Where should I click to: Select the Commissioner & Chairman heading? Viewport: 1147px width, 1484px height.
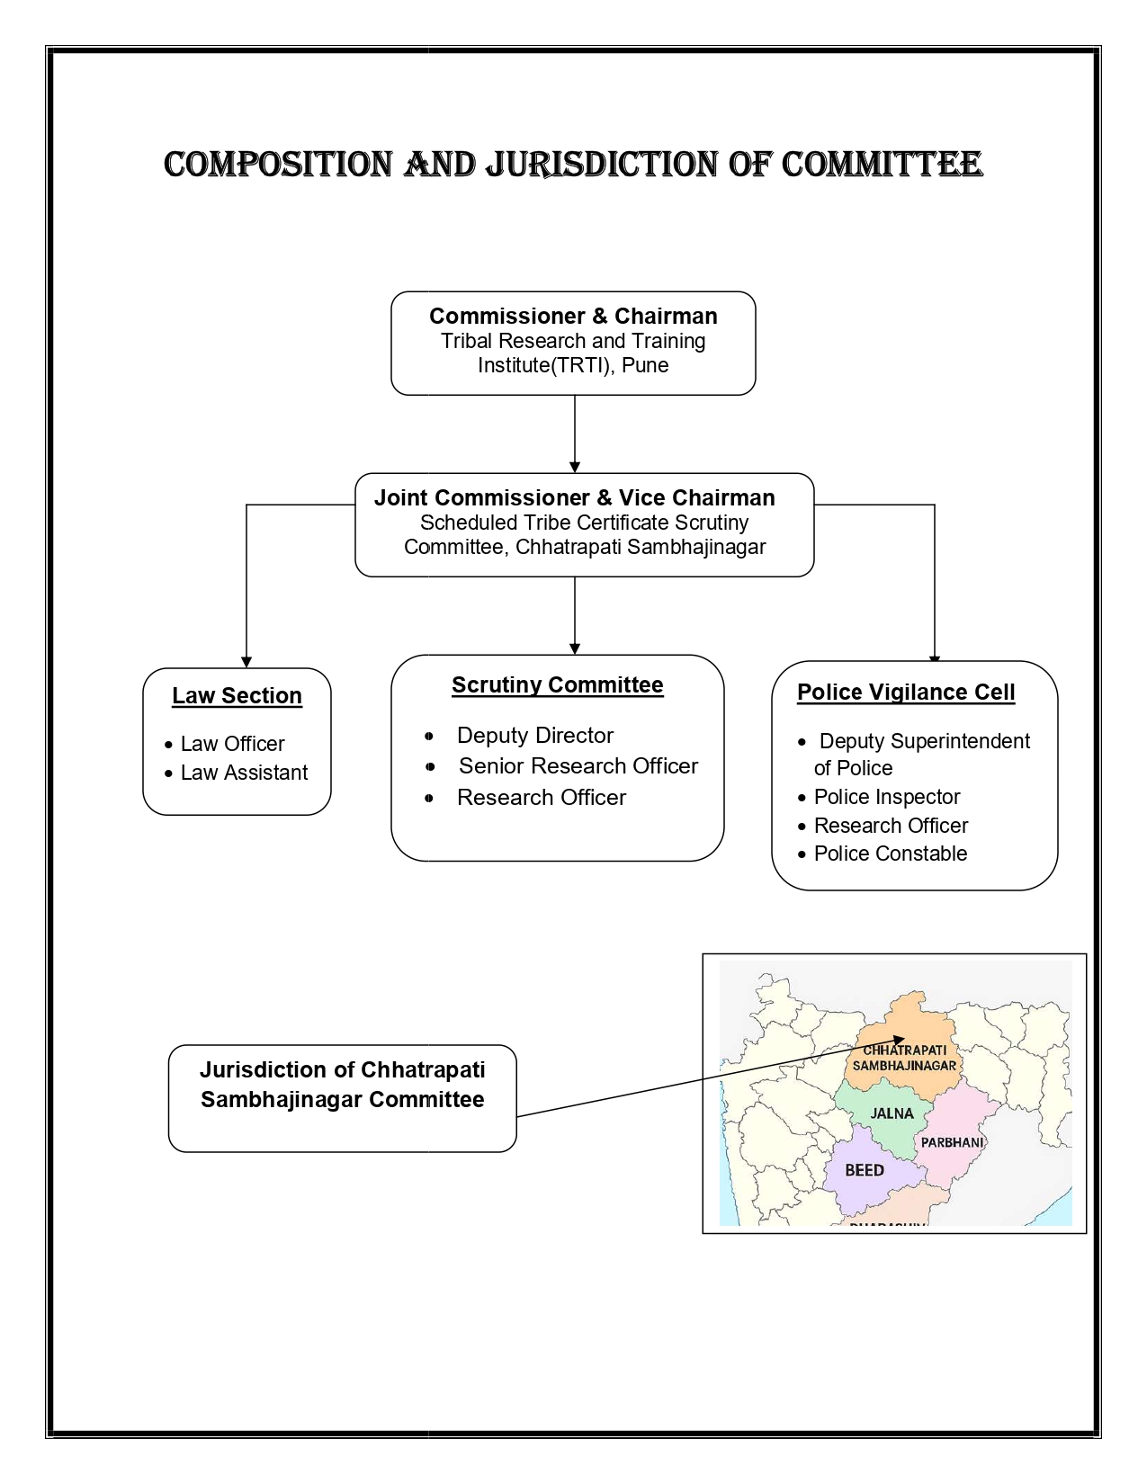click(573, 317)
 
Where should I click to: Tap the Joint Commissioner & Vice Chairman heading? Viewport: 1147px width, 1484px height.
click(574, 498)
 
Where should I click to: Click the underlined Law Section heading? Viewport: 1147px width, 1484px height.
click(237, 696)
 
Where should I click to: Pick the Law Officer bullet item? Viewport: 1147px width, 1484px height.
click(232, 744)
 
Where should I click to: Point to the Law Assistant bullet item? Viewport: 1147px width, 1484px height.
click(244, 773)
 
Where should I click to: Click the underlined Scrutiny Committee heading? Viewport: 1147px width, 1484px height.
click(557, 685)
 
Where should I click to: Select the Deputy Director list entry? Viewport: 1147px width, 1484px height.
click(534, 736)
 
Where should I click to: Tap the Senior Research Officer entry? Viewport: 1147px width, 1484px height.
click(578, 766)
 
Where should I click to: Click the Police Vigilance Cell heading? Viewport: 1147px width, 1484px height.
click(906, 693)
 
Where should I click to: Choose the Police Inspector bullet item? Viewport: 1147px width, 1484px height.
click(886, 797)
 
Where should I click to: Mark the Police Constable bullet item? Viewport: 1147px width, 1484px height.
click(890, 854)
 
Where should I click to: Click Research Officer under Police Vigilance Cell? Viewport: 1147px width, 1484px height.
click(891, 826)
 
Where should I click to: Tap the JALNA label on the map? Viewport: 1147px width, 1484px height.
click(892, 1113)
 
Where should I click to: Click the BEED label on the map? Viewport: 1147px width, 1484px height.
click(864, 1170)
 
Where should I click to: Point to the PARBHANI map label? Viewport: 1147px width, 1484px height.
click(952, 1142)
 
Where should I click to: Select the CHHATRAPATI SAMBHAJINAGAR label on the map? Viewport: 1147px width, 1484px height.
click(903, 1058)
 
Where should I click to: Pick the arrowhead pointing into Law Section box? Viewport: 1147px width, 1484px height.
click(246, 662)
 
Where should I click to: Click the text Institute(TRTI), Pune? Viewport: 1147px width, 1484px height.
click(573, 365)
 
